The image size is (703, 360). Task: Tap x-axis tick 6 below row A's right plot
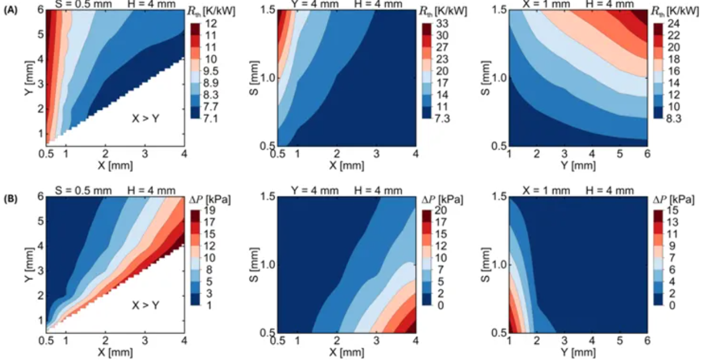(x=646, y=153)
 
